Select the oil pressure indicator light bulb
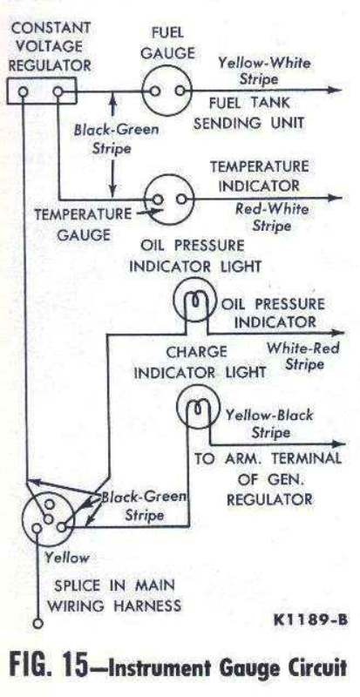(x=194, y=301)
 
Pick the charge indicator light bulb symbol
(x=198, y=407)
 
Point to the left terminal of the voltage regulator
(x=24, y=92)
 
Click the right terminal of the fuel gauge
(x=180, y=91)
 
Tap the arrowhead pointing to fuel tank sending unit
(x=335, y=90)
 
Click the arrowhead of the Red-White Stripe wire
(x=336, y=199)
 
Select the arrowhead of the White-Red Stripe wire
(x=336, y=333)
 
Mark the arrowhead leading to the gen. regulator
(x=337, y=443)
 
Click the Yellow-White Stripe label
(x=264, y=71)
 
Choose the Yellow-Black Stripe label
(x=269, y=423)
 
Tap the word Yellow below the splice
(x=67, y=558)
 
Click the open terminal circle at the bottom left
(x=38, y=623)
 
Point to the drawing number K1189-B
(x=309, y=619)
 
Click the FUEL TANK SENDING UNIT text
(x=249, y=113)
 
